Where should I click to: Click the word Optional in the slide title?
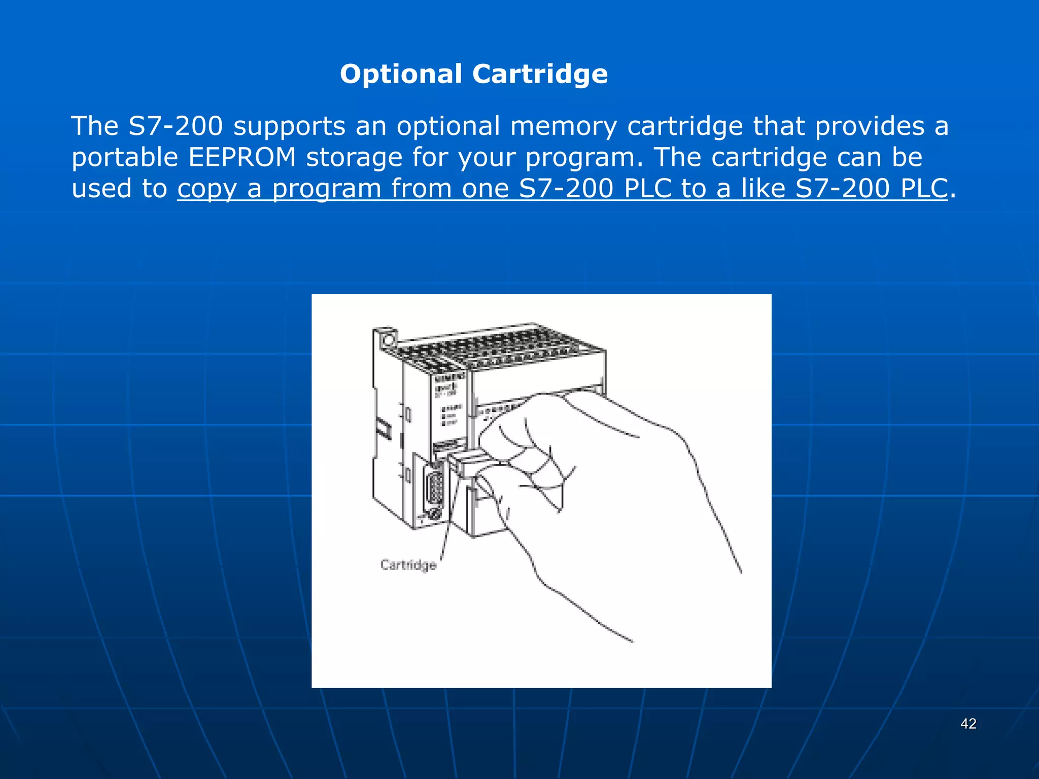click(x=401, y=74)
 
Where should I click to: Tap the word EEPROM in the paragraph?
click(x=242, y=157)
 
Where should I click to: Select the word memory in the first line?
click(x=563, y=126)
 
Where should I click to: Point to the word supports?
click(x=289, y=126)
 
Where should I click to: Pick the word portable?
click(x=124, y=157)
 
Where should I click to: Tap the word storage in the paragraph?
click(x=354, y=157)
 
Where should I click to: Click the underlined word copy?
click(x=207, y=189)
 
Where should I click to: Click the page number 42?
click(x=968, y=724)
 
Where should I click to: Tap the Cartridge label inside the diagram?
click(x=408, y=565)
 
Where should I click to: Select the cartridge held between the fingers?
click(x=469, y=463)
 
